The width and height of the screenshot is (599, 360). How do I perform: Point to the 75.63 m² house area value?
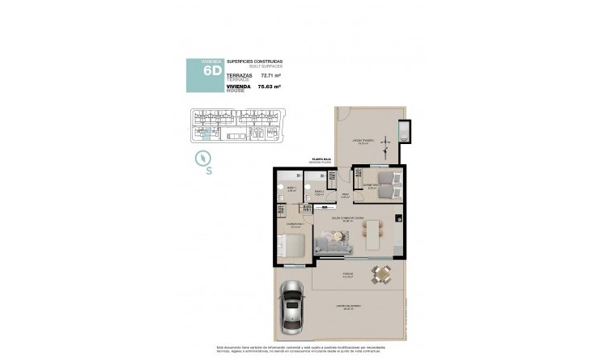[x=269, y=86]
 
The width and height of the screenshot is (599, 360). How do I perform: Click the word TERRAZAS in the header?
[x=240, y=74]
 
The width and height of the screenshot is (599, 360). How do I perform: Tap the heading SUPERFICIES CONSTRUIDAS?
[x=254, y=61]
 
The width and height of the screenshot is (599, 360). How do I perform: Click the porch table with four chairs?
[x=381, y=276]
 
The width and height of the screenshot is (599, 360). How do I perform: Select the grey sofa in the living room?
[x=332, y=240]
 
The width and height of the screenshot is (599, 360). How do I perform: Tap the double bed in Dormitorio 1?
[x=292, y=247]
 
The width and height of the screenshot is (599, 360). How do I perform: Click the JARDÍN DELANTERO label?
[x=350, y=307]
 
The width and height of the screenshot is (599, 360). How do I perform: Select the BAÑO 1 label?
[x=291, y=189]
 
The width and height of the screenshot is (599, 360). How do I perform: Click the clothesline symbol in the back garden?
[x=403, y=133]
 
